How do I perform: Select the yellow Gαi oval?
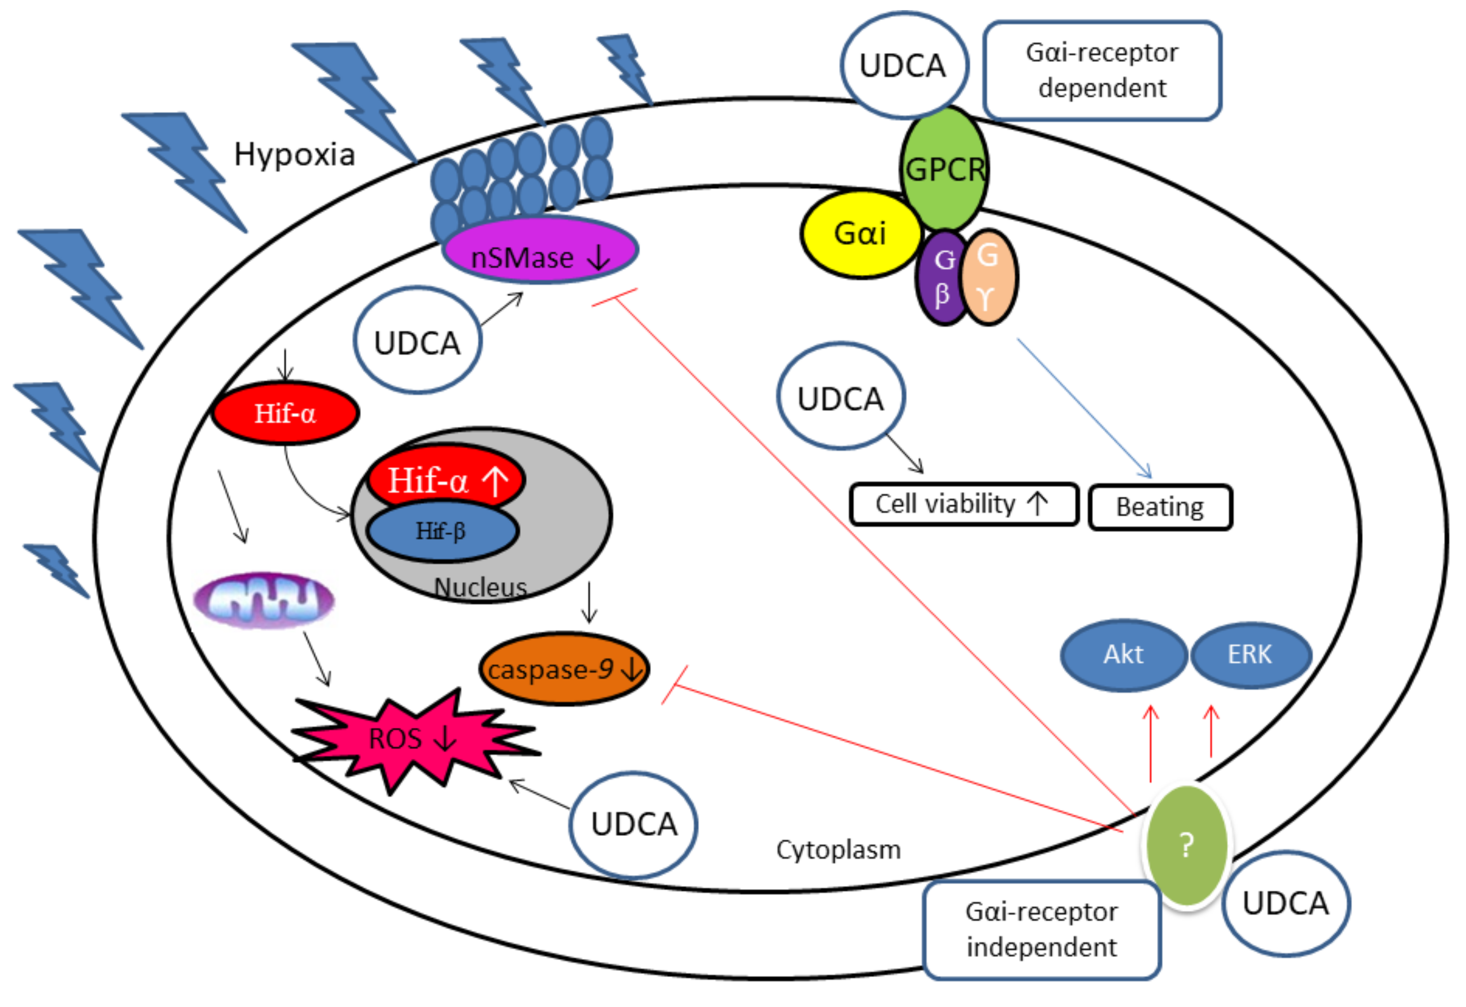860,234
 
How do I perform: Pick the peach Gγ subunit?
988,278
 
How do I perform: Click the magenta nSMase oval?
541,251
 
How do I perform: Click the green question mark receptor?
1186,844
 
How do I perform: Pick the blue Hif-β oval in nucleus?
442,531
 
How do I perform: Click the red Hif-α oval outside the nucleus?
285,413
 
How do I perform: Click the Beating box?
1159,507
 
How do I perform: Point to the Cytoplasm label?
838,850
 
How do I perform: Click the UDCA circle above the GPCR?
903,65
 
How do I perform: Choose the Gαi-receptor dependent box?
1102,70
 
